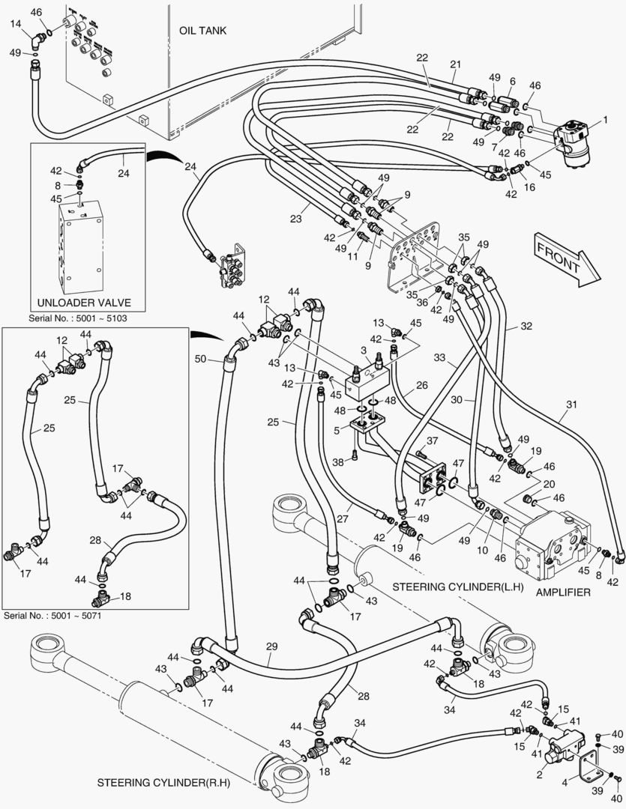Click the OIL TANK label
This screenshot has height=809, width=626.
pyautogui.click(x=202, y=31)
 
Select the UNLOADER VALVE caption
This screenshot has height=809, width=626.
pyautogui.click(x=83, y=303)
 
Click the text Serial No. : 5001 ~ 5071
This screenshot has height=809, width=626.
pyautogui.click(x=52, y=616)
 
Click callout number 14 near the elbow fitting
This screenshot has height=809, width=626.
pyautogui.click(x=16, y=24)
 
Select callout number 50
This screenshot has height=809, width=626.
pyautogui.click(x=200, y=360)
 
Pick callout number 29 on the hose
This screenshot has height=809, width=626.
pyautogui.click(x=271, y=645)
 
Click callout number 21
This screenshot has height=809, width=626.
pyautogui.click(x=454, y=64)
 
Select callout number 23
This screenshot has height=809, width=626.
pyautogui.click(x=295, y=219)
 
